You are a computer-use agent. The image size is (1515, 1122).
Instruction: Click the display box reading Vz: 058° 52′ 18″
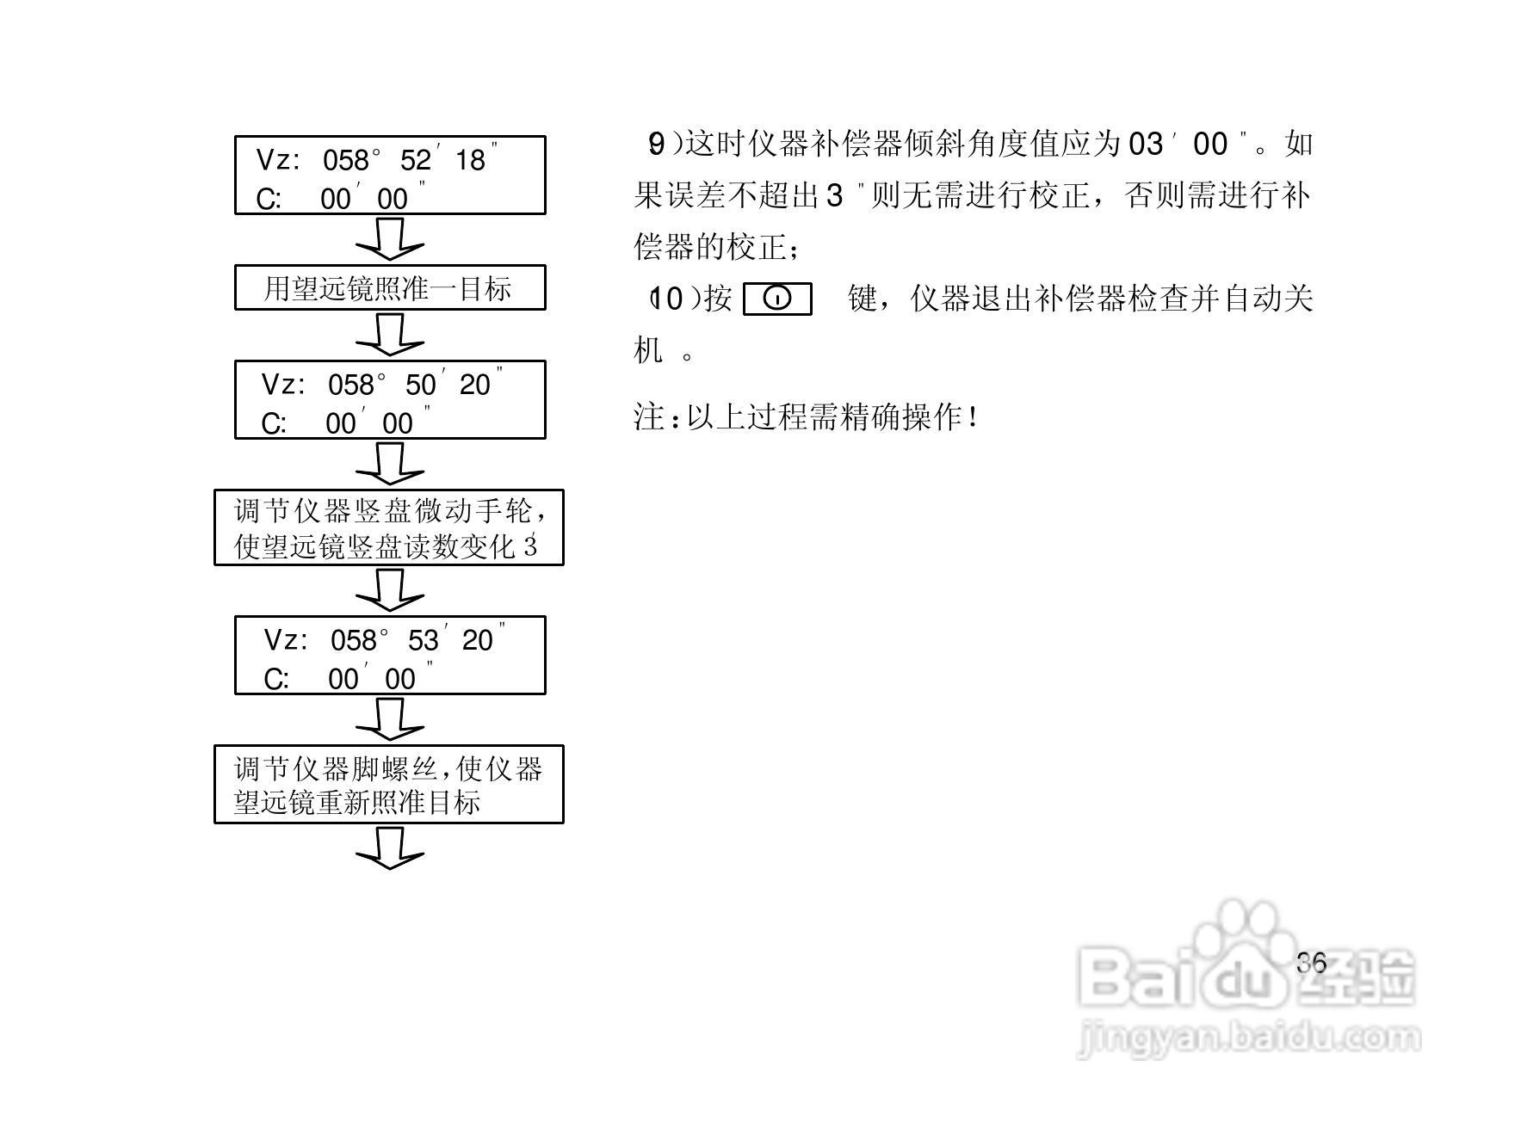(390, 176)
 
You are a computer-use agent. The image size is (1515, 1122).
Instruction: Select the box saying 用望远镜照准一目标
(390, 288)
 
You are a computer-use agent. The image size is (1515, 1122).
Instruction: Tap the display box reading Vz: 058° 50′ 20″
(390, 400)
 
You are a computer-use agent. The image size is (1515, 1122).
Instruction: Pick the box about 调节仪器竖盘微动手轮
(389, 528)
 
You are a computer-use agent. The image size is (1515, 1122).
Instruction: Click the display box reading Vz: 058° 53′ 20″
(390, 656)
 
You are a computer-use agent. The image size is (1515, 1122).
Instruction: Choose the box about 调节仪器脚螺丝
(389, 785)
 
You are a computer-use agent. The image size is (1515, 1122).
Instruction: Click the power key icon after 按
(777, 299)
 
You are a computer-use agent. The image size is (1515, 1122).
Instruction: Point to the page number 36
(1312, 963)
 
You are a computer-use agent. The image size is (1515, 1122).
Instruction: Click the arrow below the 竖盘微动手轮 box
(390, 590)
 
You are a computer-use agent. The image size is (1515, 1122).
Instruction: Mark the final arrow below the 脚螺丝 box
(390, 848)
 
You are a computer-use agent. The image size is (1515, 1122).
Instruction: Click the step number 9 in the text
(656, 145)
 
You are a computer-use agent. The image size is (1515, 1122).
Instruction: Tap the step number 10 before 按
(667, 299)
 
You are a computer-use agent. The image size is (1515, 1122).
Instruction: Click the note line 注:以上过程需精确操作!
(807, 418)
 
